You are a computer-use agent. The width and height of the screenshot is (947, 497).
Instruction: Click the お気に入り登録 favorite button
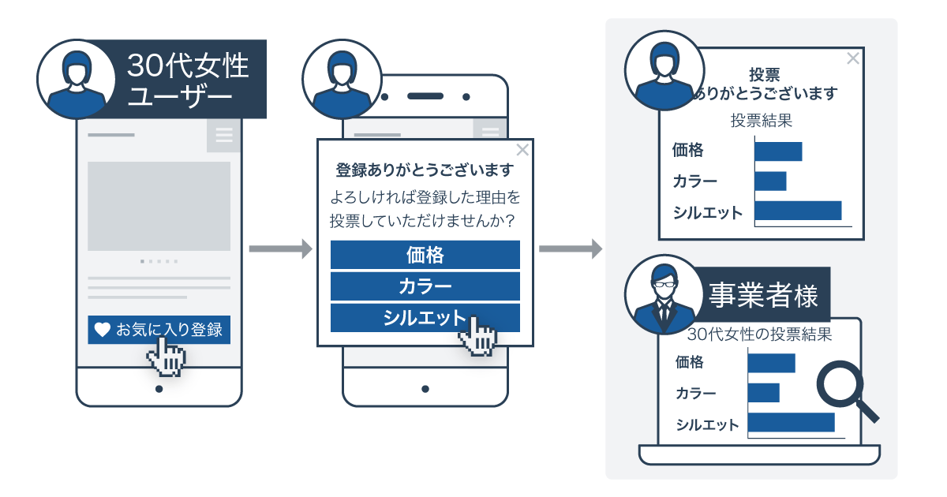click(159, 330)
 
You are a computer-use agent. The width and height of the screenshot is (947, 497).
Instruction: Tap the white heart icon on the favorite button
click(102, 330)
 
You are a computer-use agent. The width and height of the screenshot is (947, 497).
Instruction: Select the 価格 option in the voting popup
click(425, 255)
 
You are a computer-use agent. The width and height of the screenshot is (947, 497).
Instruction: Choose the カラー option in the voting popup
click(425, 286)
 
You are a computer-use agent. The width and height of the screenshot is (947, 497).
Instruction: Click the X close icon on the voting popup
click(522, 150)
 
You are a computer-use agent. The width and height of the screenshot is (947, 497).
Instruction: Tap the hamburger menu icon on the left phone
click(223, 136)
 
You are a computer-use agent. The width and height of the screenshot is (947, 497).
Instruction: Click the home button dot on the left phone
click(159, 389)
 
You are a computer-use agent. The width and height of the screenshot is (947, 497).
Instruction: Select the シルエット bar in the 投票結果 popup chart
click(798, 211)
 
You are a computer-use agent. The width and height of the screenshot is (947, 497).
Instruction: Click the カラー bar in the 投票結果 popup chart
click(770, 181)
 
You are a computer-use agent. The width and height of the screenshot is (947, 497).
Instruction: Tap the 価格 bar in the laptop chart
click(771, 363)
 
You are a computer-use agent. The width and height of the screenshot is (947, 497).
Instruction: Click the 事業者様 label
click(762, 296)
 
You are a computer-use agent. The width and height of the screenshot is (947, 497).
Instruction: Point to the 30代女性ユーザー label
click(188, 80)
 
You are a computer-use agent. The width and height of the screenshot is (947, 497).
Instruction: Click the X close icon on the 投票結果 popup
click(852, 58)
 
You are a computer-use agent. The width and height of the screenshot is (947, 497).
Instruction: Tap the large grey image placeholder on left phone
click(159, 206)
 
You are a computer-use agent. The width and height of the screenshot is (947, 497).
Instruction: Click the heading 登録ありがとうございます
click(425, 170)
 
